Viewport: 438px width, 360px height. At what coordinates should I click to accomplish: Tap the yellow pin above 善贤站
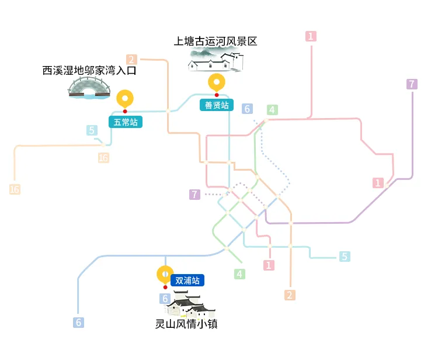click(217, 82)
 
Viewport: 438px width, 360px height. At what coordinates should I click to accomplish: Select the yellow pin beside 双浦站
click(165, 274)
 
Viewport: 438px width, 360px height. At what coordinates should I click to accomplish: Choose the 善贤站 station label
click(217, 105)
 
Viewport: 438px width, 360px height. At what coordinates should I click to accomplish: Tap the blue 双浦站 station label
click(187, 281)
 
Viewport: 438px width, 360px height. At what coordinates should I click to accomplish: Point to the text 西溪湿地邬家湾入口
click(89, 71)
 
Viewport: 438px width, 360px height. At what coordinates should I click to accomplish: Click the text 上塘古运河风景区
click(215, 41)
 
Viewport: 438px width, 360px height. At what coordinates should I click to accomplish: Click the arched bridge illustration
click(89, 88)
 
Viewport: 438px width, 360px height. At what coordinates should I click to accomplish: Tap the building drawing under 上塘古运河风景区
click(215, 60)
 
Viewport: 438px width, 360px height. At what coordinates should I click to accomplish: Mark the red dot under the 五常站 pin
click(125, 111)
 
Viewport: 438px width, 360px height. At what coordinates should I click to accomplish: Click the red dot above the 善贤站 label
click(217, 95)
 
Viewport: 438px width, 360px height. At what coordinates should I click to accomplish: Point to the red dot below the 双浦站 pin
click(165, 287)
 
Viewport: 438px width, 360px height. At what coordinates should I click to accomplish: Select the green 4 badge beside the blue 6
click(272, 109)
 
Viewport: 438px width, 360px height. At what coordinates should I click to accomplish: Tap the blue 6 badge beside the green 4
click(248, 109)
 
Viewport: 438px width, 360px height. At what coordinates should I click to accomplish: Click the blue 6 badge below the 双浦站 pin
click(166, 299)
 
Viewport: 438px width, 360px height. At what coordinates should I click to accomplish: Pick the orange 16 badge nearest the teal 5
click(103, 158)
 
